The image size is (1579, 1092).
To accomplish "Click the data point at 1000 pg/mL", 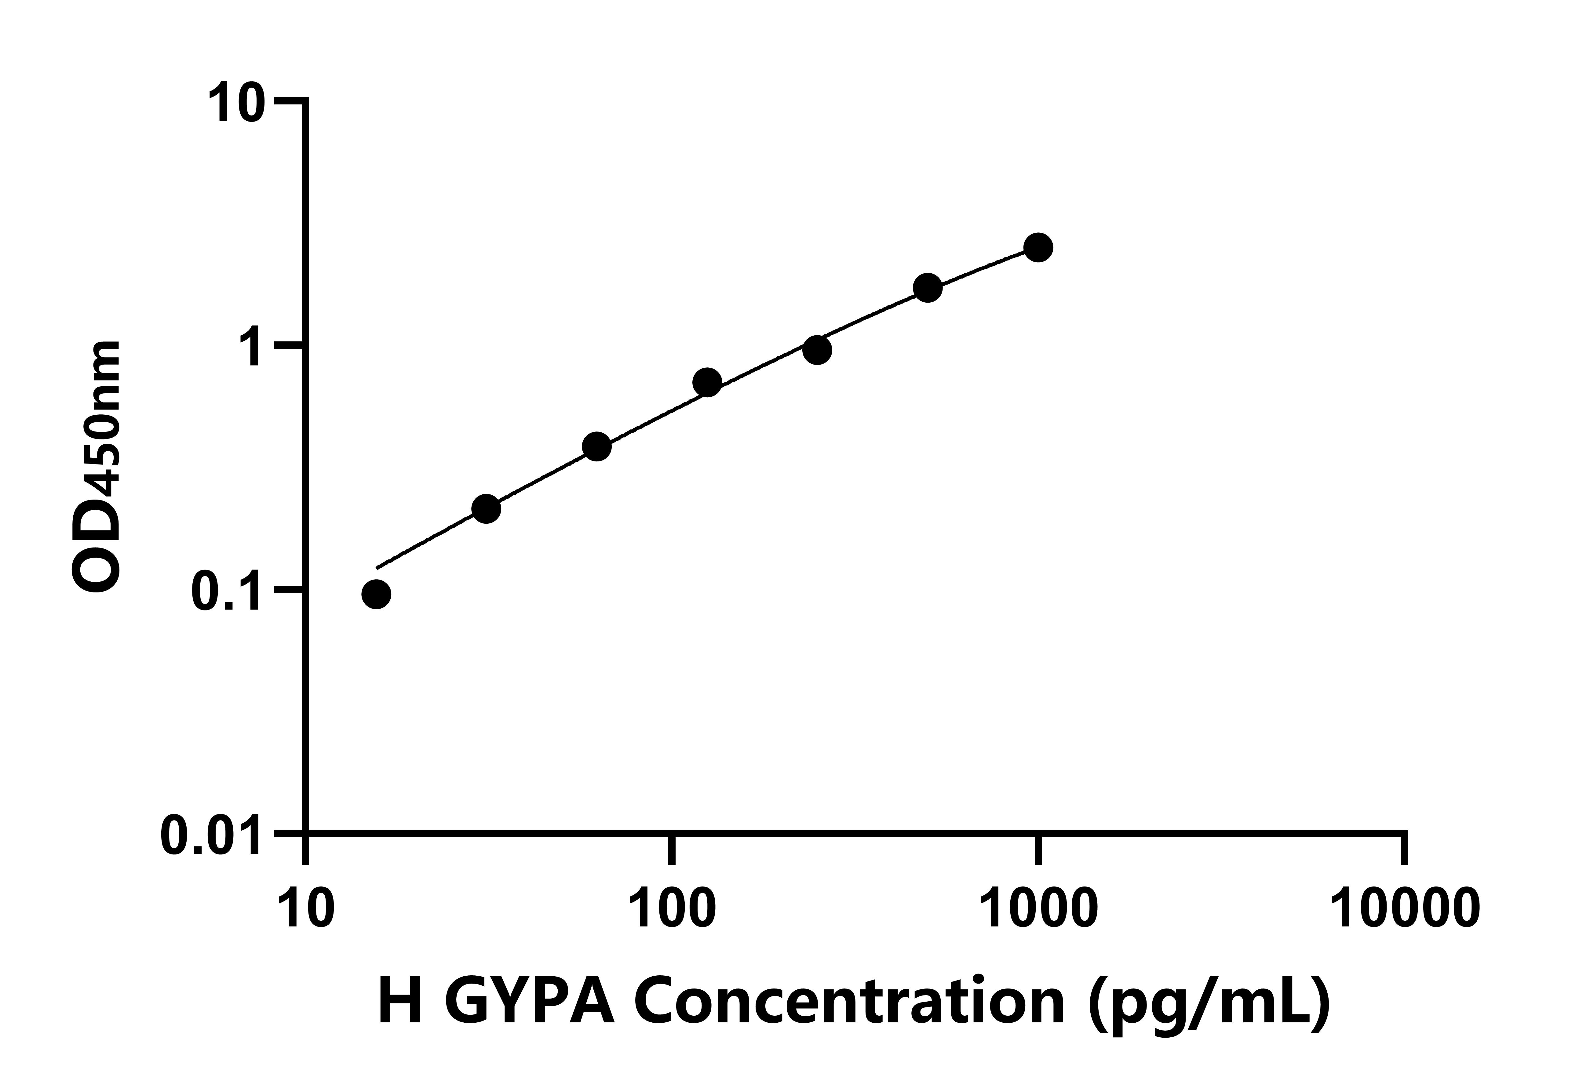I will pos(1038,247).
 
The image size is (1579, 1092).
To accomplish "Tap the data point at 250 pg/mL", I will pos(817,350).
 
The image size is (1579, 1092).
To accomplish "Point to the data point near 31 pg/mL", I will pos(487,508).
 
